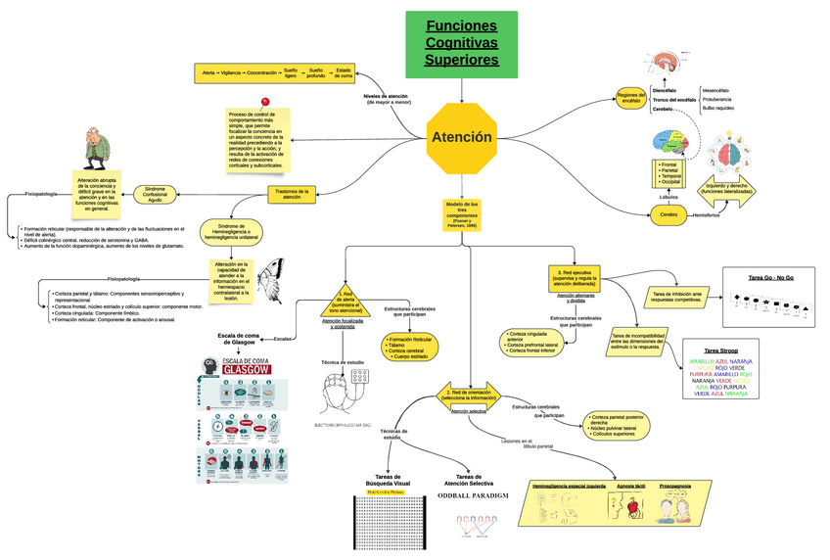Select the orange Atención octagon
[x=461, y=137]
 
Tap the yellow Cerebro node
[x=669, y=214]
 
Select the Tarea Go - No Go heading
[x=770, y=278]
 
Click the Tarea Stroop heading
[x=719, y=350]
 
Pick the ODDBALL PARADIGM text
[x=473, y=496]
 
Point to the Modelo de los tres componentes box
[x=462, y=213]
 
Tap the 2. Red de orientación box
[x=468, y=395]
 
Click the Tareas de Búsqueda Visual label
[x=388, y=480]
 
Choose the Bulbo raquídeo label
[x=717, y=109]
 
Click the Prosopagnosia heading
[x=674, y=485]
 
